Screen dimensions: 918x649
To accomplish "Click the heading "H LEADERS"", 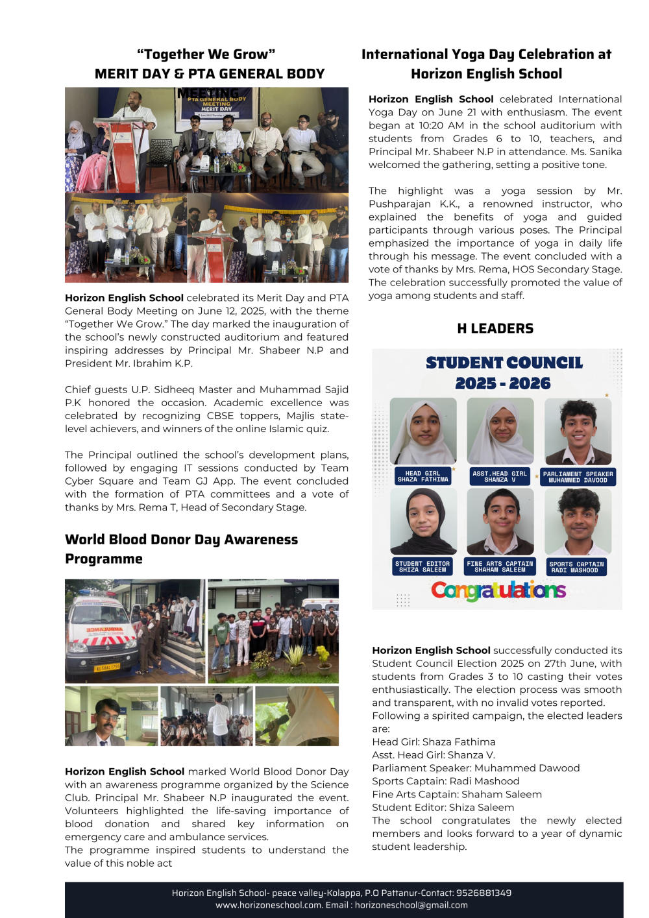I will pos(495,328).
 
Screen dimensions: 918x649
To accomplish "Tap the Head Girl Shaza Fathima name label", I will pos(422,477).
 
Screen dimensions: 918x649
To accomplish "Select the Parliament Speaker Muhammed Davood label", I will pos(578,477).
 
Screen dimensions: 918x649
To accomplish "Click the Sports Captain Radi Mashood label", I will pos(576,567).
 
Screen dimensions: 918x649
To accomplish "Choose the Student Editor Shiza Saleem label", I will pos(422,566).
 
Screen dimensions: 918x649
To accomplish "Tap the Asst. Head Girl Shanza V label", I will pos(500,477).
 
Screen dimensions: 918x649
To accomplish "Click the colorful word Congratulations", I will pos(498,590).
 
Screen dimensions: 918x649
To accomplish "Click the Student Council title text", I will pos(504,363).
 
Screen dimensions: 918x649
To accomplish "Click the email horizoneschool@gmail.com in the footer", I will pos(411,905).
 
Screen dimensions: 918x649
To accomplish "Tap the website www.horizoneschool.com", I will pos(269,905).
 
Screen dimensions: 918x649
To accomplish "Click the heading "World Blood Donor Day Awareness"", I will pos(181,539).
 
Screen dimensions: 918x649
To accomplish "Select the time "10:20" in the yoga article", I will pos(432,125).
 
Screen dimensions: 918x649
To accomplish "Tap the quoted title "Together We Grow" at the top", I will pos(206,54).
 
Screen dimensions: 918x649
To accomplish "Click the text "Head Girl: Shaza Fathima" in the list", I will pos(434,742).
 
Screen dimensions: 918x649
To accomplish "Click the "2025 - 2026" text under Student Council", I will pos(502,383).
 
